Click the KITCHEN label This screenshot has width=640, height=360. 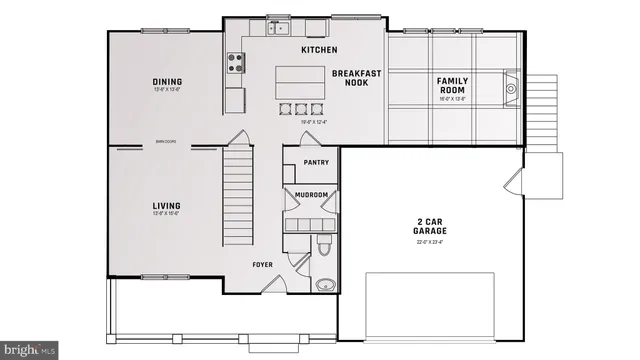319,50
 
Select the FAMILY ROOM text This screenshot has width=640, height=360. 453,85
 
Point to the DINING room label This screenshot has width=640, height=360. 167,82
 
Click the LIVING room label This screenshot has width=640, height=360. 167,207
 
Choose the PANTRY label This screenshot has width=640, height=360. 316,161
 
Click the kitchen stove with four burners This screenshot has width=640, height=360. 237,63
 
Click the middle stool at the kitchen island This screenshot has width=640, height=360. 300,108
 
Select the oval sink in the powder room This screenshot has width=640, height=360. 323,284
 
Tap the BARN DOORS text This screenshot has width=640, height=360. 166,142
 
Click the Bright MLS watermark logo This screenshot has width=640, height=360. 29,350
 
